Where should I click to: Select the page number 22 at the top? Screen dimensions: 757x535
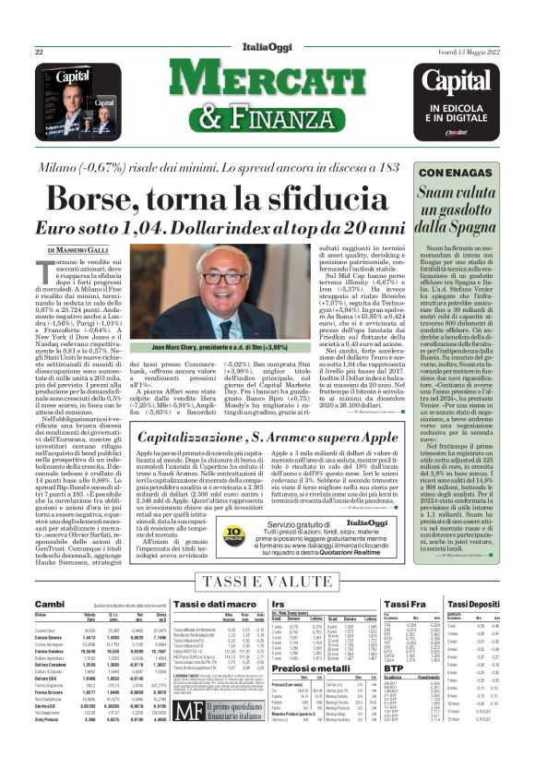pyautogui.click(x=39, y=52)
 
